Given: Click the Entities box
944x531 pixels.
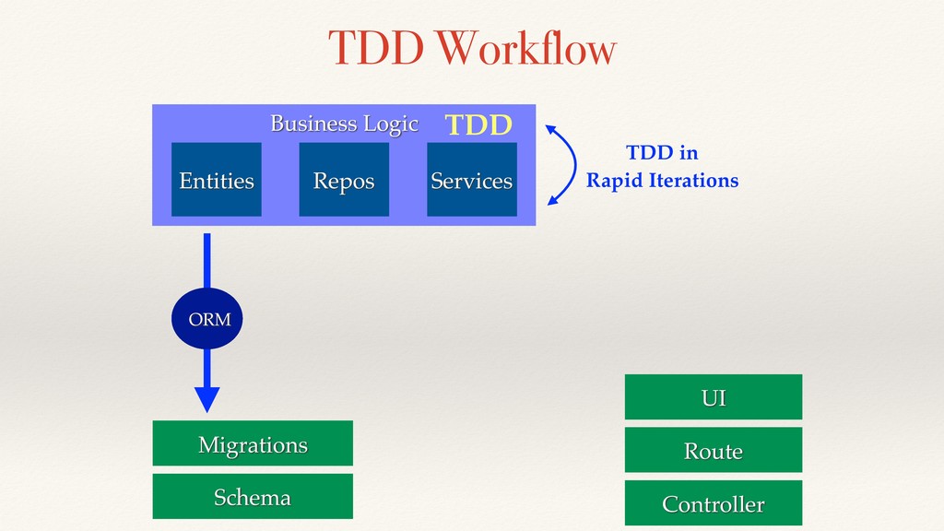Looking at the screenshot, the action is pyautogui.click(x=216, y=180).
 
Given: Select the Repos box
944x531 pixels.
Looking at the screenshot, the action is pyautogui.click(x=344, y=180).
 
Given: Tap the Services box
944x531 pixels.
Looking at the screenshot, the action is pyautogui.click(x=472, y=180).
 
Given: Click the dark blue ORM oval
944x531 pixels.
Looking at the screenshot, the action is pyautogui.click(x=207, y=318).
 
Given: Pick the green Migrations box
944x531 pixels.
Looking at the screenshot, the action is pyautogui.click(x=253, y=443).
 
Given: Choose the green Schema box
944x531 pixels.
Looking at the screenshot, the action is pyautogui.click(x=253, y=496).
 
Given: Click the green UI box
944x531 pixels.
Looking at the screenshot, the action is pyautogui.click(x=714, y=396).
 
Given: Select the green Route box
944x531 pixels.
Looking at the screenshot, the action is pyautogui.click(x=714, y=450).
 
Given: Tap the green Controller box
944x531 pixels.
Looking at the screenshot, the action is pyautogui.click(x=714, y=502).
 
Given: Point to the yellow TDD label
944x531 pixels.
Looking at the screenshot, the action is pyautogui.click(x=478, y=125).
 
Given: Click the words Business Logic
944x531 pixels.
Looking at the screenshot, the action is pyautogui.click(x=345, y=124).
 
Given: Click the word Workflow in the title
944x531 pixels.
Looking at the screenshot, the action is pyautogui.click(x=526, y=47).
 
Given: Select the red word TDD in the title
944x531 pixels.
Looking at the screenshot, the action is pyautogui.click(x=376, y=48).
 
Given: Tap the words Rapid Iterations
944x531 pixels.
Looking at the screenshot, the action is pyautogui.click(x=662, y=181).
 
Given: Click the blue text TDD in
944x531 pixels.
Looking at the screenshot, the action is pyautogui.click(x=662, y=152).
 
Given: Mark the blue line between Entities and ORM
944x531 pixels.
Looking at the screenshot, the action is pyautogui.click(x=207, y=261).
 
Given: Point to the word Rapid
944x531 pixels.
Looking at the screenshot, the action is pyautogui.click(x=615, y=181).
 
